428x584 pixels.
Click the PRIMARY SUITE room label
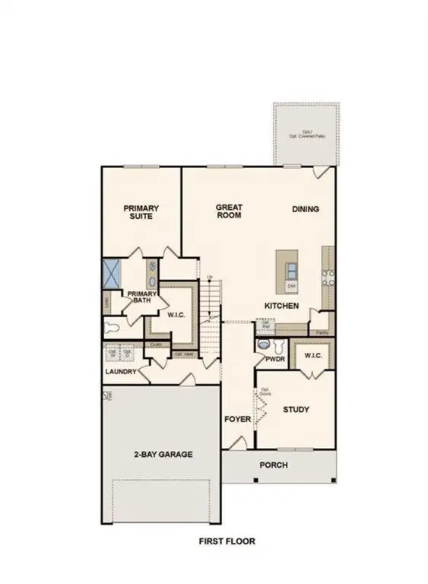[x=140, y=211]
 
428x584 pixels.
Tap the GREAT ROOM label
[x=228, y=211]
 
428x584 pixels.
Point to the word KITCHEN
[x=281, y=306]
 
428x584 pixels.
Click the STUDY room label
[x=296, y=410]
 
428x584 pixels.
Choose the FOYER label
[x=237, y=420]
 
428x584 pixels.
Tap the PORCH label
[x=274, y=465]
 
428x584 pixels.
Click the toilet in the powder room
[x=265, y=345]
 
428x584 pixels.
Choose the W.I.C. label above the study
[x=314, y=356]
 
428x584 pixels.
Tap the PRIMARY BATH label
[x=141, y=297]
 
